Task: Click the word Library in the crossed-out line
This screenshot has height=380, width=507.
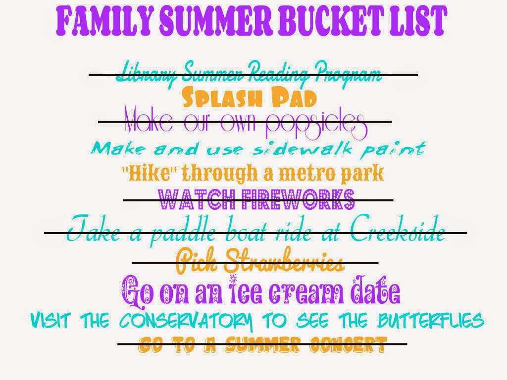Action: (x=146, y=74)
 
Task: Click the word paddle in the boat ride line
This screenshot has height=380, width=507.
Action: (x=183, y=231)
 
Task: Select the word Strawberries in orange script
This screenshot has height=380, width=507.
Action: (x=283, y=260)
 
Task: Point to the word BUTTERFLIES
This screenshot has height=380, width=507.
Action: (x=431, y=320)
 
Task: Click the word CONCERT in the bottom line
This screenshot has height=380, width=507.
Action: (x=348, y=344)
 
